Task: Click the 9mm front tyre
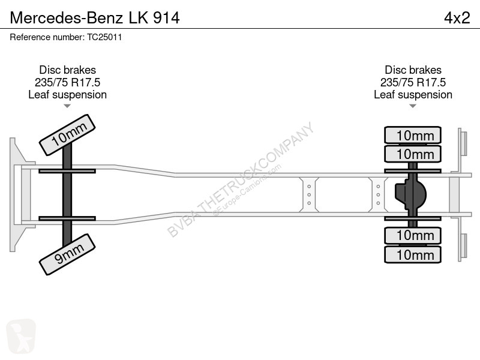click(67, 254)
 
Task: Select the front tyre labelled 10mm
click(67, 135)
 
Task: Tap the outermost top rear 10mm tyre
click(413, 135)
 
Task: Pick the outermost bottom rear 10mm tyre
click(413, 254)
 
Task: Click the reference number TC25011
click(104, 37)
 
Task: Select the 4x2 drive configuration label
click(457, 18)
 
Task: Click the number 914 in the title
click(166, 18)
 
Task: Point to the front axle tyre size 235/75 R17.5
click(67, 82)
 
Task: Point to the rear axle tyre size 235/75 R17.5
click(413, 82)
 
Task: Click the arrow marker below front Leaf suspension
click(67, 106)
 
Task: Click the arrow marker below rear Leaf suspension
click(413, 106)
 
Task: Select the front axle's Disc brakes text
click(67, 70)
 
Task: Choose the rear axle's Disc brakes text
click(413, 70)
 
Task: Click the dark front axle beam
click(67, 194)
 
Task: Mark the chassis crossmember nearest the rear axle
click(378, 194)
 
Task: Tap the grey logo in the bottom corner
click(21, 337)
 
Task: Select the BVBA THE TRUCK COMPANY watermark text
click(241, 179)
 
